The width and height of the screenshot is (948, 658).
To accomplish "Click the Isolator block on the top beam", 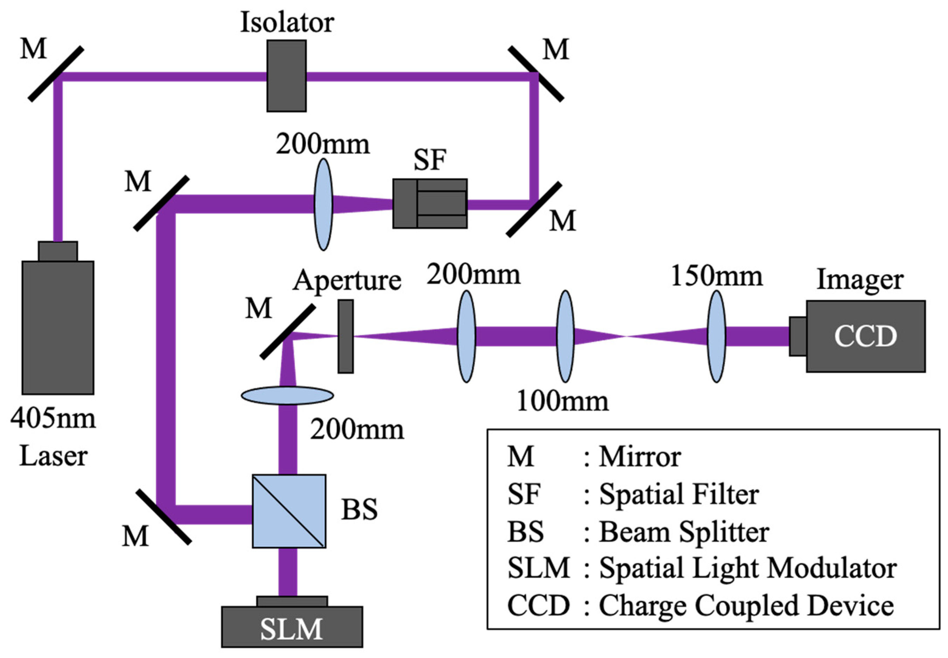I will (x=286, y=76).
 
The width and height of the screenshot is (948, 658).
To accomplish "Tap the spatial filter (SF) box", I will (x=430, y=203).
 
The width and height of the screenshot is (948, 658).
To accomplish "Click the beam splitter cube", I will (x=289, y=511).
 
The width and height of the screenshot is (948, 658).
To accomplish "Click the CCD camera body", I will (x=866, y=336).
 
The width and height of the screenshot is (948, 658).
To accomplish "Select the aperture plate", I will (x=346, y=337).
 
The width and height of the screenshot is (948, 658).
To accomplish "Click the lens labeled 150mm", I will (x=716, y=337).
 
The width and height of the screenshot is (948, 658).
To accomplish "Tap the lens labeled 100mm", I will (x=565, y=337).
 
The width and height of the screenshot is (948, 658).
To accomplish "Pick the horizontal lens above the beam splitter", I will (x=287, y=395).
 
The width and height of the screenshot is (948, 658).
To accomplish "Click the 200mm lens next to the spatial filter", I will (x=323, y=205).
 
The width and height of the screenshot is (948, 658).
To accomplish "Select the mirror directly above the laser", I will (x=56, y=74).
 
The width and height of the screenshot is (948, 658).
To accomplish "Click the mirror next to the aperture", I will (x=288, y=332).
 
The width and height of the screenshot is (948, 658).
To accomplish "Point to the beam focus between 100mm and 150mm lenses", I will (x=627, y=337).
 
